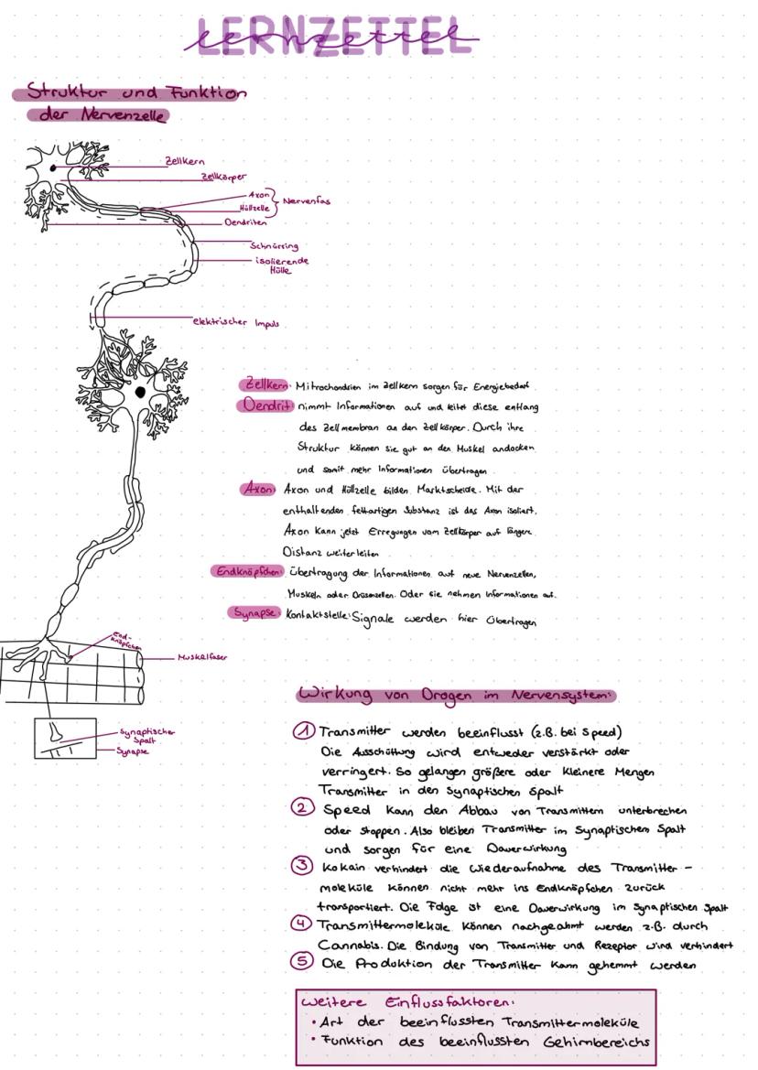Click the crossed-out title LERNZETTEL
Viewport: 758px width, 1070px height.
[331, 38]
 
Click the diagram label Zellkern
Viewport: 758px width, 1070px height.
[184, 161]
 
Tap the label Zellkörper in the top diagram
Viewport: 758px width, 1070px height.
[223, 177]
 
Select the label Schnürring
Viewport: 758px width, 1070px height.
[274, 245]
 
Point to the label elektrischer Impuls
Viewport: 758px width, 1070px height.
[235, 322]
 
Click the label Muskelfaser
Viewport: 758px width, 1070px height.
[202, 657]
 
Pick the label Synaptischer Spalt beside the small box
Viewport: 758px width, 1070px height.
[146, 736]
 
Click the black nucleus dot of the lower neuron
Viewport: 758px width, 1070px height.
[140, 392]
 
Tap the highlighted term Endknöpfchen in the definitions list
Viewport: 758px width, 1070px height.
[247, 572]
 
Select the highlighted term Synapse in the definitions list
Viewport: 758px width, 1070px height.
[254, 613]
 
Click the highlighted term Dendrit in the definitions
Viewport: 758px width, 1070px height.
[267, 405]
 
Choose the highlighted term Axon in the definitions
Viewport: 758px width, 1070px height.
[259, 489]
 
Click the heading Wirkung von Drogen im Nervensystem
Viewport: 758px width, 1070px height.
[454, 695]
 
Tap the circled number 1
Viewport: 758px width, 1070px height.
[304, 731]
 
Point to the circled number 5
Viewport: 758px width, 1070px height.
[302, 962]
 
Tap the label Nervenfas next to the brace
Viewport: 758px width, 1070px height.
[307, 200]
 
